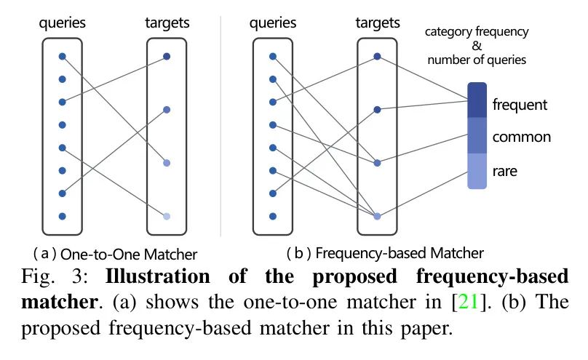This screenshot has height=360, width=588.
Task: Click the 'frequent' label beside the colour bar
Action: coord(519,105)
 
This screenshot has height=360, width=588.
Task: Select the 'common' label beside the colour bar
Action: coord(521,137)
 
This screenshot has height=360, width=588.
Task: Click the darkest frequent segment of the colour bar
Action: coord(477,100)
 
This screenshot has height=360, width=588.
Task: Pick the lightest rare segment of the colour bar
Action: coord(477,171)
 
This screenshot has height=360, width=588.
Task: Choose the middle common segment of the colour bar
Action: coord(477,136)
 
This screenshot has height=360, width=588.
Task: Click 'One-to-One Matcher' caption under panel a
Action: coord(129,255)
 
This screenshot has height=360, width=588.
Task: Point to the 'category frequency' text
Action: coord(477,33)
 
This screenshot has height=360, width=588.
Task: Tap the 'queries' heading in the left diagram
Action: coord(63,23)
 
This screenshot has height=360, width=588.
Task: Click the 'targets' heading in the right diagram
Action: coord(378,23)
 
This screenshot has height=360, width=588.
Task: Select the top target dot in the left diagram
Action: coord(167,56)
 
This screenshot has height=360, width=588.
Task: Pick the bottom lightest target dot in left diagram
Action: coord(167,216)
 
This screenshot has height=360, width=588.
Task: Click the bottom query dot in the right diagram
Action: coord(272,216)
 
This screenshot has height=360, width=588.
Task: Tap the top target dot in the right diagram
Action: coord(377,56)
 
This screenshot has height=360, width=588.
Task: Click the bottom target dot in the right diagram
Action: coord(377,216)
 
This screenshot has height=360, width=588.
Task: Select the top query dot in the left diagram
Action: coord(63,56)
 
